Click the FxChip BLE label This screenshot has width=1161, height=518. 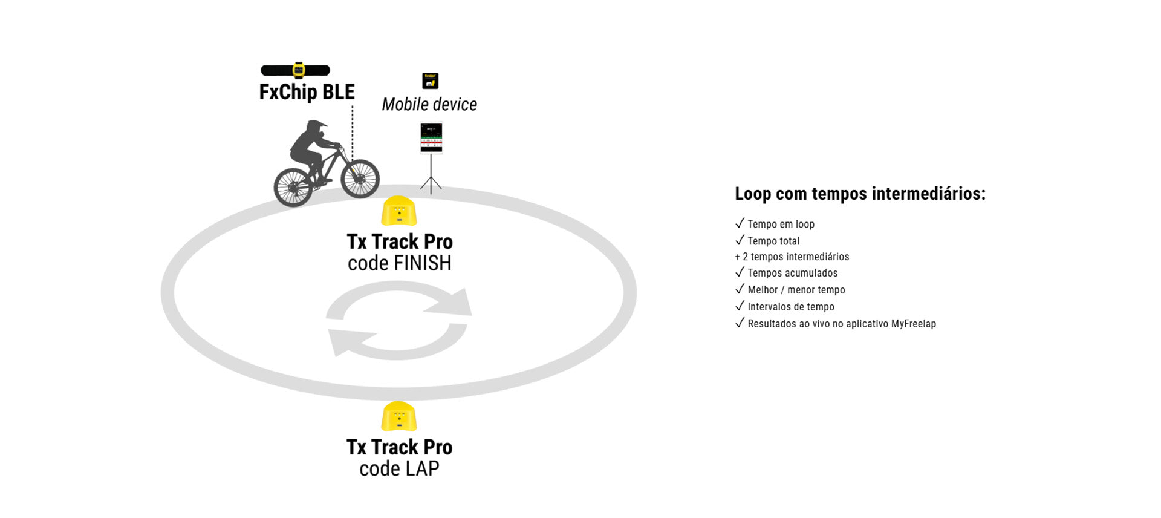coord(307,92)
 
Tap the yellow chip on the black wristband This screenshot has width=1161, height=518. coord(298,70)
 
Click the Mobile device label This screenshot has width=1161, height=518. coord(429,104)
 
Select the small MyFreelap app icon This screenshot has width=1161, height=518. coord(430,80)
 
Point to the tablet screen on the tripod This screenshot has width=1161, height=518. coord(431,138)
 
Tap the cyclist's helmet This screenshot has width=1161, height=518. coord(315,128)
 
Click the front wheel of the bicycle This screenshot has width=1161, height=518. coord(360,178)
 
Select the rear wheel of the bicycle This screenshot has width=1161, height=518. coord(293,186)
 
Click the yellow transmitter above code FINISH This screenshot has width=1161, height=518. coord(398,211)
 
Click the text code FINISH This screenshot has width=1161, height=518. coord(399,263)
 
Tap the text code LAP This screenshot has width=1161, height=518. coord(399,468)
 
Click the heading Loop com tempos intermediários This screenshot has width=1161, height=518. coord(860,194)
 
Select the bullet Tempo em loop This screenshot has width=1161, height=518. coord(781,224)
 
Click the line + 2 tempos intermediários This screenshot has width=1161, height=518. coord(792,257)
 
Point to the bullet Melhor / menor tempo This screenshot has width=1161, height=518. coord(796,290)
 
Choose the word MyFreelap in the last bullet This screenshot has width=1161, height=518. coord(913,324)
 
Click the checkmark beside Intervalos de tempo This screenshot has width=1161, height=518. coord(740,306)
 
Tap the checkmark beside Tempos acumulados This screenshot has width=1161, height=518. coord(740,272)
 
